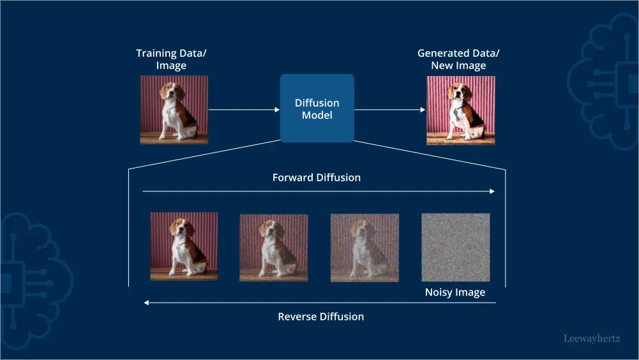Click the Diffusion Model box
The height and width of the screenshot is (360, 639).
[x=317, y=108]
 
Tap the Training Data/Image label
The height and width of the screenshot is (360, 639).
[x=171, y=59]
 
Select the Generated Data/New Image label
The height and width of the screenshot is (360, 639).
[x=458, y=59]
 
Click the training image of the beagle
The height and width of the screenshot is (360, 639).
[x=174, y=109]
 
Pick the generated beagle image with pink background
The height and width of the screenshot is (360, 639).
[x=460, y=110]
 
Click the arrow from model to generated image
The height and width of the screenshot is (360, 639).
[x=389, y=110]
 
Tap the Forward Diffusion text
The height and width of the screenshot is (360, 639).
[x=317, y=177]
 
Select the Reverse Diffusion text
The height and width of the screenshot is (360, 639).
[x=320, y=317]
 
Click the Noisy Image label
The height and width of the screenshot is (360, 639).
[x=455, y=292]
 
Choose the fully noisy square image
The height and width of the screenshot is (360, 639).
[x=455, y=248]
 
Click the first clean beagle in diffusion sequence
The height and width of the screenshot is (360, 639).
[x=184, y=246]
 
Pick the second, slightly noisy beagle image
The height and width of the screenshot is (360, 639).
[x=273, y=248]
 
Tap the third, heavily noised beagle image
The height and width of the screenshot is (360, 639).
[x=365, y=248]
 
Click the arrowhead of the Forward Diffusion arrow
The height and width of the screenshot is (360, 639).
[x=492, y=191]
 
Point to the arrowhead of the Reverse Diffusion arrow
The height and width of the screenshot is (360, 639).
[x=147, y=303]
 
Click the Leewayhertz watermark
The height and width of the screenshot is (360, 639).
[x=592, y=339]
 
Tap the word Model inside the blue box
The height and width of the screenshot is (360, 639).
[x=317, y=116]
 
